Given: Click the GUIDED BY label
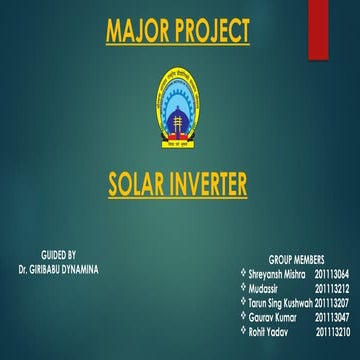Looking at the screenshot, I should [57, 256].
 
